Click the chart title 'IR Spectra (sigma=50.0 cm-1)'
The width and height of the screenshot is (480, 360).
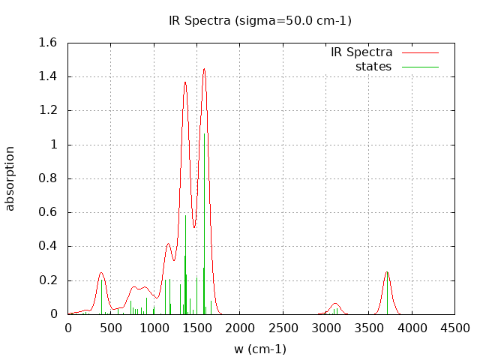point(260,20)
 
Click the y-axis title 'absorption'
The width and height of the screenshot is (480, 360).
point(10,178)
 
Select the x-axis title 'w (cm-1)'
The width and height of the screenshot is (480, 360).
point(260,349)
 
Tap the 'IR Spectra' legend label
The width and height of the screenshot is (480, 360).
point(361,52)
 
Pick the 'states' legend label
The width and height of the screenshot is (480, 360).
point(373,67)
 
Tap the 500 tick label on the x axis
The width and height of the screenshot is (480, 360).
point(111,328)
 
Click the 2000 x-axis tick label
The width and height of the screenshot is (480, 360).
point(240,328)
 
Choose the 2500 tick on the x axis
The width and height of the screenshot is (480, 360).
point(283,328)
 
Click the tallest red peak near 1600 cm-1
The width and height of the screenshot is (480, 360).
point(204,69)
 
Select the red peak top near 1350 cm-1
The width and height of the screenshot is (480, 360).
point(185,82)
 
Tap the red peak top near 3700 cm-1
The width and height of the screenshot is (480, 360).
point(387,272)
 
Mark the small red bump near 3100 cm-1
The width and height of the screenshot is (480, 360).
point(335,303)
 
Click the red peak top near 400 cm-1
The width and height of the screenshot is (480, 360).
point(101,273)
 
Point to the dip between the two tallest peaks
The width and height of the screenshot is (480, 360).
point(194,227)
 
